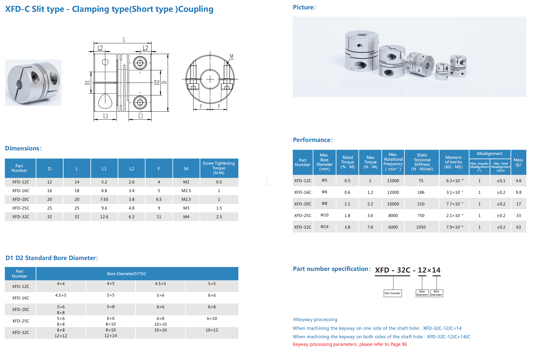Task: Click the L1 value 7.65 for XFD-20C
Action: pos(104,199)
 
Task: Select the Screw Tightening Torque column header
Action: pos(219,168)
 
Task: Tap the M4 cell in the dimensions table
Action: pos(186,217)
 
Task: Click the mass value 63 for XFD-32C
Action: pos(518,227)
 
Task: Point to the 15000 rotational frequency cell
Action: pos(393,181)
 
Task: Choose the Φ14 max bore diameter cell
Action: pos(324,227)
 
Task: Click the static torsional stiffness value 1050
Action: pos(421,227)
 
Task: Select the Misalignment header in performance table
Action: pos(489,154)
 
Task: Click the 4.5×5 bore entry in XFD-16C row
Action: pos(61,295)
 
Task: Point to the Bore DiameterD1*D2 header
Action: pos(126,274)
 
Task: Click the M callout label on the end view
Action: pos(231,56)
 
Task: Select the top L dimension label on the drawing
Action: pos(124,40)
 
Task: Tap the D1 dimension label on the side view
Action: pos(87,82)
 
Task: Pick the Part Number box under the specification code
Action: pos(393,293)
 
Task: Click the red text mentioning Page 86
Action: pos(350,344)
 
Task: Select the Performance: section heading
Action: pos(312,140)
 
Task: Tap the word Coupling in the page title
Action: pos(196,9)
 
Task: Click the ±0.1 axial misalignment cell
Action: pos(501,181)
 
